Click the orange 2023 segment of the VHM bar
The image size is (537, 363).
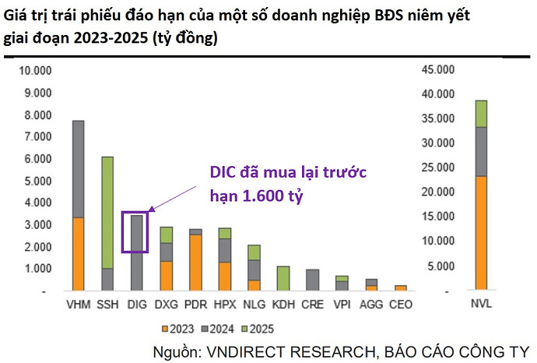[78, 253]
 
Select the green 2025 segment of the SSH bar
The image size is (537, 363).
[107, 213]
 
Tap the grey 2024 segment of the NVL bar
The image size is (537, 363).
[481, 151]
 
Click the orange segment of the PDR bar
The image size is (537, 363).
[197, 263]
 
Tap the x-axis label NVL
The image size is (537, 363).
[481, 303]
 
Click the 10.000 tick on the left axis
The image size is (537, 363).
[34, 71]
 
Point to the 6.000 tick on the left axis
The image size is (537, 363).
[37, 159]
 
